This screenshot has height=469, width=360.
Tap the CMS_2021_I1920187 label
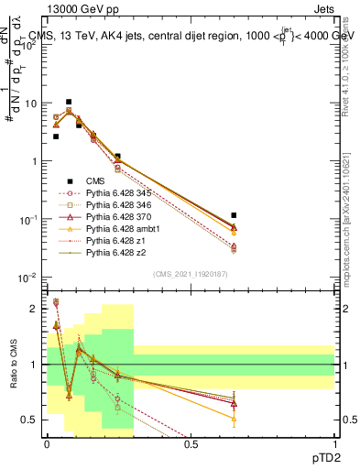coord(191,274)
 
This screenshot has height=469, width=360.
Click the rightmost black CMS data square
coord(234,215)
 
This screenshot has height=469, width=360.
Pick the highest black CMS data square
coord(69,102)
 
